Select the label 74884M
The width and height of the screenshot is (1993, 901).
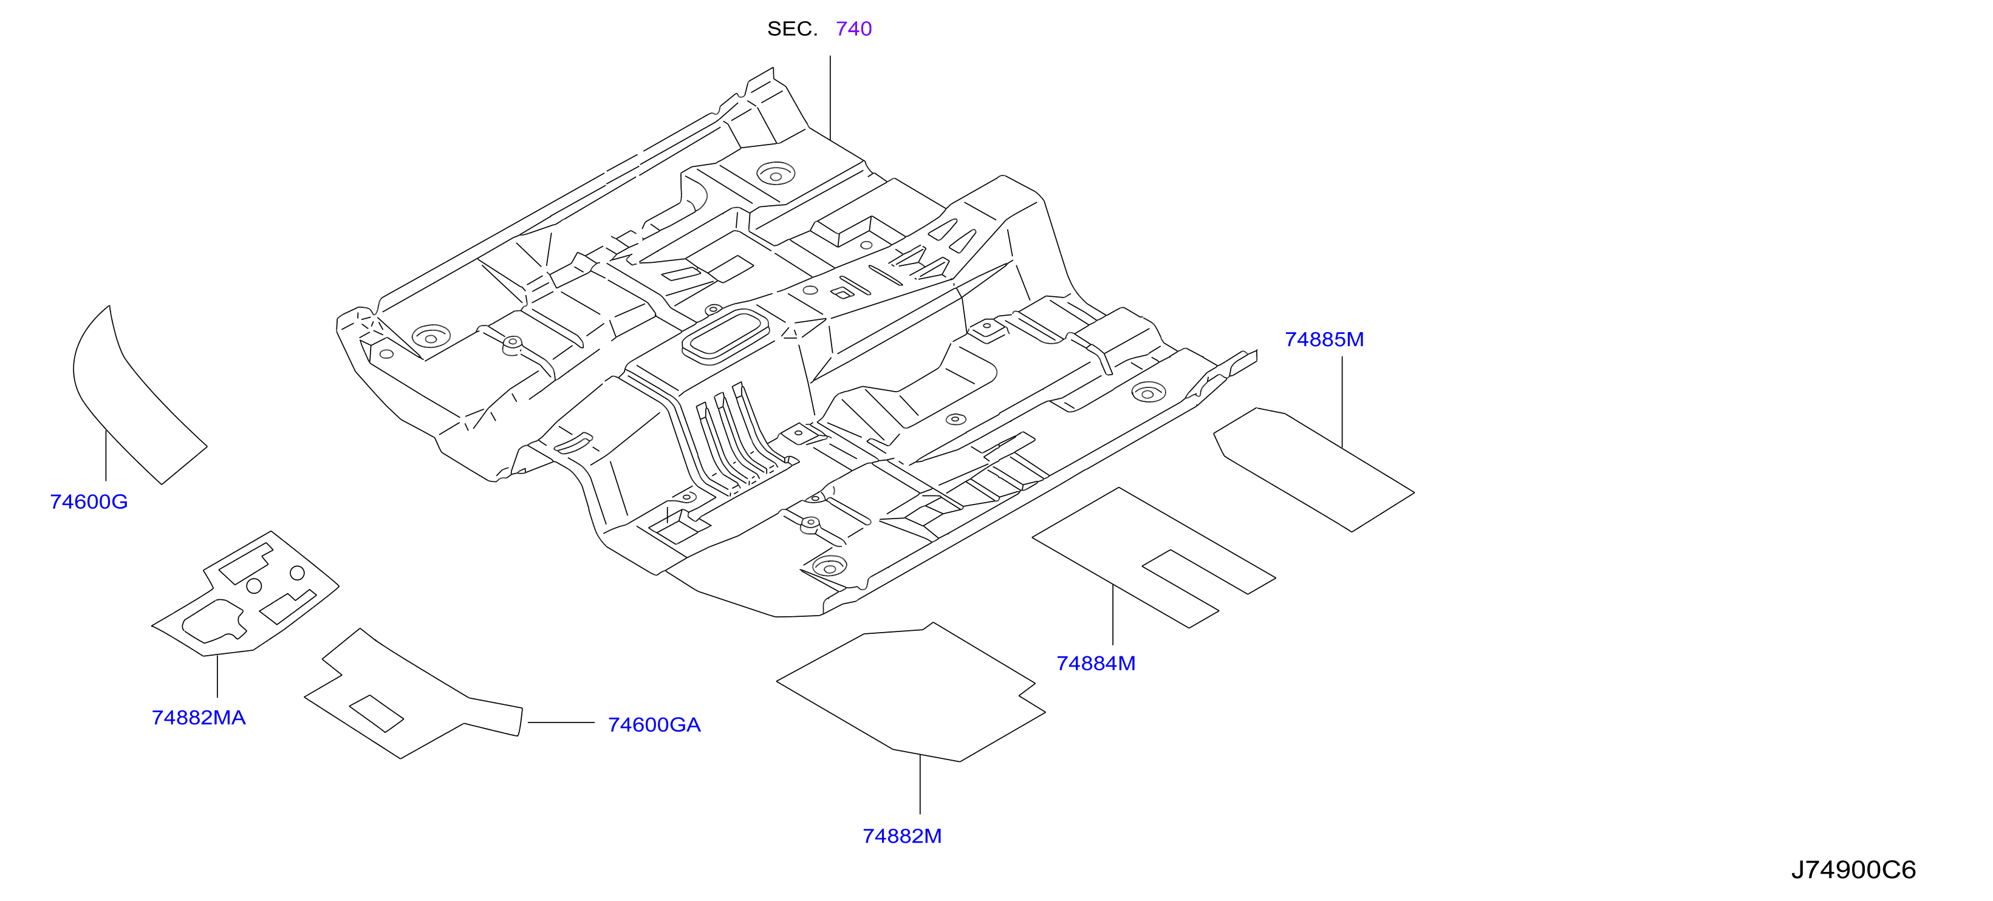click(x=1096, y=664)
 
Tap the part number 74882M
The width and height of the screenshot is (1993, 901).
click(x=902, y=836)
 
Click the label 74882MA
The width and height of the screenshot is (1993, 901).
click(x=199, y=718)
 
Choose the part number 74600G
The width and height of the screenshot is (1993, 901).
click(x=89, y=502)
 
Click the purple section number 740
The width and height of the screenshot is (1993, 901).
click(x=853, y=29)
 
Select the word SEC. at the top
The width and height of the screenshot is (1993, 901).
click(x=792, y=29)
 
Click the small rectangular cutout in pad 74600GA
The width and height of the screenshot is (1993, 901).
click(x=376, y=713)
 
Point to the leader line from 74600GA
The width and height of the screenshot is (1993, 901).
click(x=561, y=722)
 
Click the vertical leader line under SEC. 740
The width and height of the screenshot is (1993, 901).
click(x=830, y=98)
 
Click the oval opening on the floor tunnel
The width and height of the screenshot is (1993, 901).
click(x=725, y=336)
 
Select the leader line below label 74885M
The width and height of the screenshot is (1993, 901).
click(x=1342, y=402)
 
